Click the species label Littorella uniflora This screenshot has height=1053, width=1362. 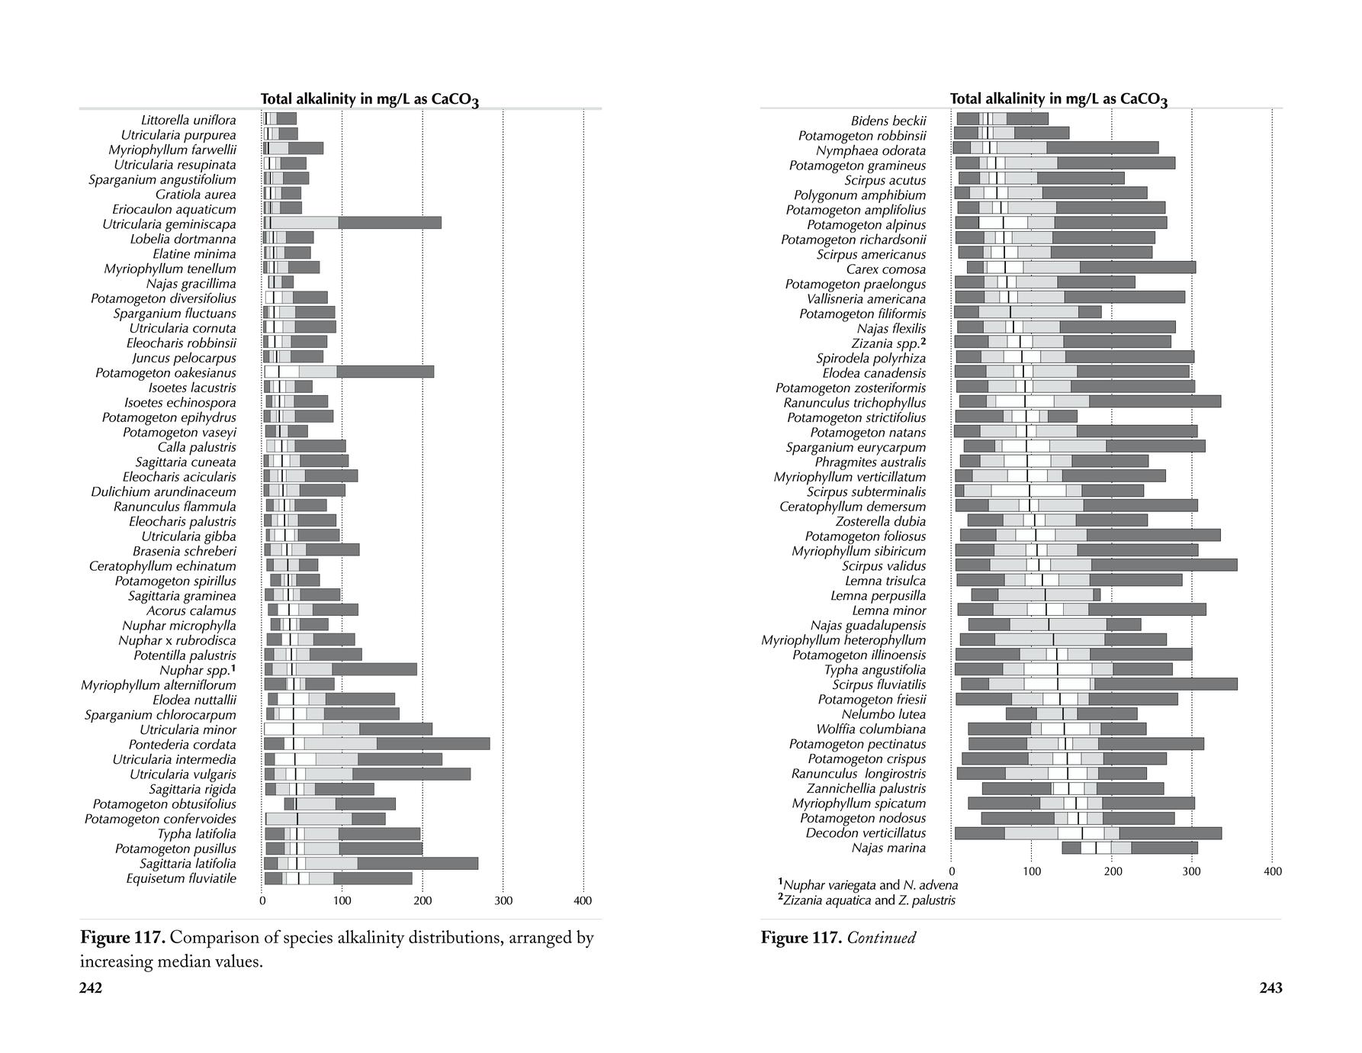click(188, 120)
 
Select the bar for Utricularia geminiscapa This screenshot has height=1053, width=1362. click(352, 223)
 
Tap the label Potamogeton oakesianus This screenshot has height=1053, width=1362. click(165, 372)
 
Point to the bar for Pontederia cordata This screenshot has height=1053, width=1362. click(376, 744)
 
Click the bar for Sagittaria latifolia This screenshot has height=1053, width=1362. click(371, 863)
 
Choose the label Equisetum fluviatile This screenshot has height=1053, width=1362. click(181, 878)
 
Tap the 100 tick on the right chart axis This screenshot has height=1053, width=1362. click(1031, 871)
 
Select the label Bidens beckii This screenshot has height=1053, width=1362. click(888, 121)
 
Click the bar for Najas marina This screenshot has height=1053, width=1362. click(1129, 848)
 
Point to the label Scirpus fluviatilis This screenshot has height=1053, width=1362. click(879, 684)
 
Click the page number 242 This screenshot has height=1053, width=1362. click(91, 988)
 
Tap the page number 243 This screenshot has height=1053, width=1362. click(1270, 988)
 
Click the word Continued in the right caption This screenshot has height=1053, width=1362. click(881, 938)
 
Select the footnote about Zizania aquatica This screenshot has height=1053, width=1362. click(866, 900)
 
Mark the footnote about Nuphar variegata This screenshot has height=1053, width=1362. click(868, 885)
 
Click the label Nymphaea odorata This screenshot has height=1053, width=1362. click(871, 150)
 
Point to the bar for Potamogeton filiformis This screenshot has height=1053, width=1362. click(1027, 312)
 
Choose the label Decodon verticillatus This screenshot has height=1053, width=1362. click(866, 832)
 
